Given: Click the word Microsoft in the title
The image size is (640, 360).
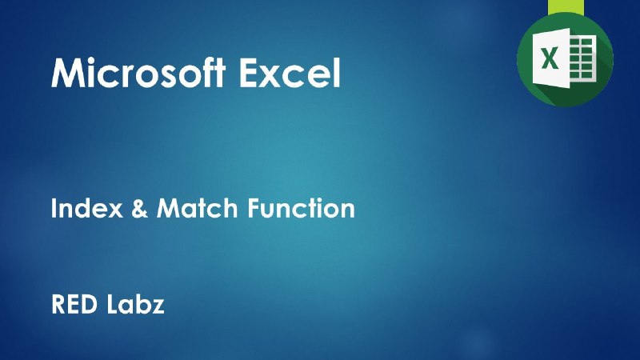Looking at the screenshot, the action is [138, 72].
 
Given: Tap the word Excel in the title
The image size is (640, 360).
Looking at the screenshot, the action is [290, 72].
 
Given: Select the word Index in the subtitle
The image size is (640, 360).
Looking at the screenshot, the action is [87, 208].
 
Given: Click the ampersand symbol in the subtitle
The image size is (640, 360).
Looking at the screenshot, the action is [139, 208].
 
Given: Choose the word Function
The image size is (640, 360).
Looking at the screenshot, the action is [302, 208].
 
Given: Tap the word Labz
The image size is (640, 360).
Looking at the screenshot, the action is [135, 304].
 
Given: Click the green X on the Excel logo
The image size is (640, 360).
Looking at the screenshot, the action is [550, 58].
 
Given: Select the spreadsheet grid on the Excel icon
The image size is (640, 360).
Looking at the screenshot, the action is [582, 58].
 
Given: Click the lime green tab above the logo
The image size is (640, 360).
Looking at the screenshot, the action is [566, 7].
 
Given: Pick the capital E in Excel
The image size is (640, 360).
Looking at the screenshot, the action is [248, 73].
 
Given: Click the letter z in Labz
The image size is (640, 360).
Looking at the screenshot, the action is [157, 307].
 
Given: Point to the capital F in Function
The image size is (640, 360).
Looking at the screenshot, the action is [254, 208].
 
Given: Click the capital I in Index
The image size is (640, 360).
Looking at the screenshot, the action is [54, 208].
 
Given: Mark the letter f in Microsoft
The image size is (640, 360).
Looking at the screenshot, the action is [207, 72].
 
